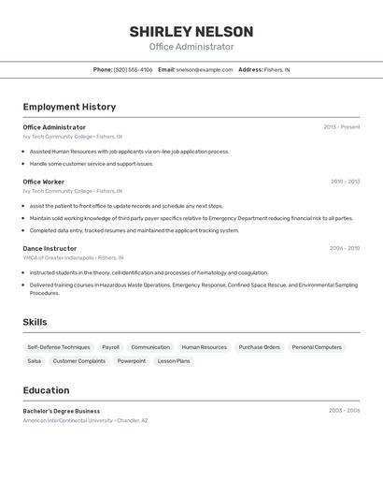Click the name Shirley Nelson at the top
191,32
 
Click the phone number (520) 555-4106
133,69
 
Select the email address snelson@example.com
205,69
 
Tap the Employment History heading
69,107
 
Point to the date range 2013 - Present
341,127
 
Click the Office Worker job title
44,182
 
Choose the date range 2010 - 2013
345,182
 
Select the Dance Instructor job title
50,248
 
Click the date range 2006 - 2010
345,248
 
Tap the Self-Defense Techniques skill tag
59,347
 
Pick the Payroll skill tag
110,347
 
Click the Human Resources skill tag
204,347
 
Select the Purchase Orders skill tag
259,347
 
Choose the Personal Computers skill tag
317,347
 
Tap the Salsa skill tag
35,360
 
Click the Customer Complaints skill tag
79,360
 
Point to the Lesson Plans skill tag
174,360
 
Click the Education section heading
46,390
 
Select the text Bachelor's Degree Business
62,411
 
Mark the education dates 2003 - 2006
345,411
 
